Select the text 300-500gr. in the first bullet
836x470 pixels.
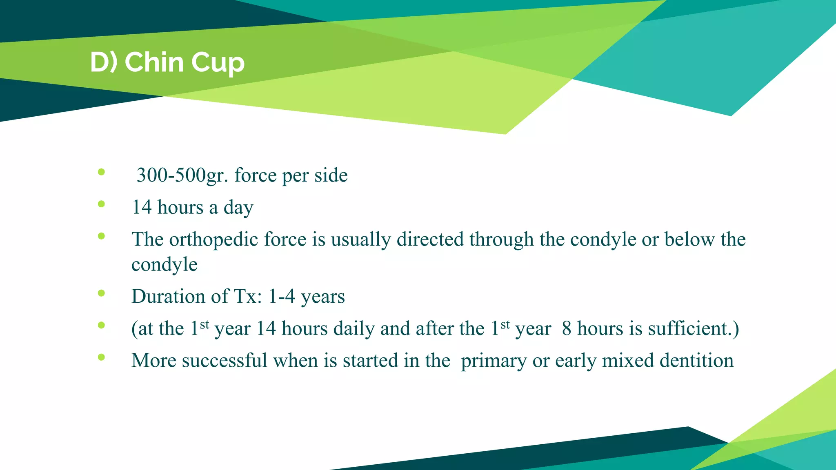click(182, 175)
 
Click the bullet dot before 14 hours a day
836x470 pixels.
click(102, 204)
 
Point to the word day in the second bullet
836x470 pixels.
click(238, 208)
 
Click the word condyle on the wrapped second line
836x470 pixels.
click(165, 265)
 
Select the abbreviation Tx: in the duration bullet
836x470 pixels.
click(247, 296)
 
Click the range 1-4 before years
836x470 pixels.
click(282, 296)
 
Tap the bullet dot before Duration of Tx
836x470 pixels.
click(102, 293)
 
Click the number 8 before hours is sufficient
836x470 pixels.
click(566, 328)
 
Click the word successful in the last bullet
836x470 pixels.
click(224, 361)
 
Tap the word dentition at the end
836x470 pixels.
click(696, 361)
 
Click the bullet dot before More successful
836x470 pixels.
click(102, 357)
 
